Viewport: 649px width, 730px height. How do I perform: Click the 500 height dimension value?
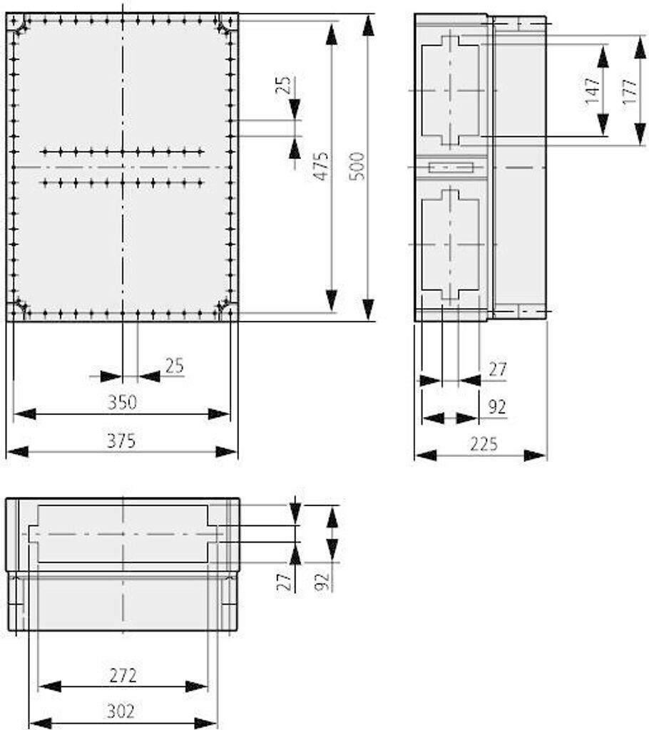click(x=357, y=166)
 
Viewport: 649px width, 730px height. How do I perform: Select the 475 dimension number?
click(x=320, y=166)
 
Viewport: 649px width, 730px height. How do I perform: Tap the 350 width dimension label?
click(x=122, y=402)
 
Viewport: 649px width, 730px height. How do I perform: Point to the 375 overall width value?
click(x=121, y=441)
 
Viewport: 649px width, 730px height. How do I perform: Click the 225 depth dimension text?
click(x=484, y=444)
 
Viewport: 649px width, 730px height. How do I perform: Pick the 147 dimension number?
click(x=592, y=91)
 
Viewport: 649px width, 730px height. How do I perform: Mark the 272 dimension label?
click(x=123, y=675)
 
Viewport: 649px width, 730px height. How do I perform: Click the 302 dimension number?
click(x=121, y=711)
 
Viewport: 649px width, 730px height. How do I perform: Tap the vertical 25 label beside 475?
click(x=283, y=86)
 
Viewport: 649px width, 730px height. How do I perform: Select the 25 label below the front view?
click(x=175, y=366)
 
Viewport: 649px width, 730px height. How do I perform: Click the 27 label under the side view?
click(x=498, y=370)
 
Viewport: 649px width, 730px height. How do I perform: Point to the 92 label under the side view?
click(x=497, y=407)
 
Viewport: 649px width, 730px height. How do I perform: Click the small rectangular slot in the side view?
click(x=451, y=167)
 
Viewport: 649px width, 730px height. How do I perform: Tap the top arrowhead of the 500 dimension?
click(x=368, y=25)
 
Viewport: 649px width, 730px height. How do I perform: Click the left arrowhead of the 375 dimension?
click(x=18, y=451)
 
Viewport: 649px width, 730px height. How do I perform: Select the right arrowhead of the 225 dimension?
click(x=534, y=455)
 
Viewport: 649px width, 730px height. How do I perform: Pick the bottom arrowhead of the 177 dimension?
click(x=640, y=133)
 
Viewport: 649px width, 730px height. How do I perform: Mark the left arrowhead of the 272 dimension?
click(x=49, y=686)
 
